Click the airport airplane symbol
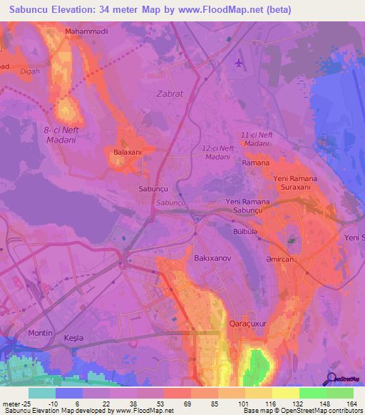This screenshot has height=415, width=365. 238,63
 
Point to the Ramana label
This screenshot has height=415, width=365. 255,163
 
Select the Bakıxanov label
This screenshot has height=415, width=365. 211,256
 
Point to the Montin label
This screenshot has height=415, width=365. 41,333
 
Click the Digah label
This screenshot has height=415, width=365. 31,72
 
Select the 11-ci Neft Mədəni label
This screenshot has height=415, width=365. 257,139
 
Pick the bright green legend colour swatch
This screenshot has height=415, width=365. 312,393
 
